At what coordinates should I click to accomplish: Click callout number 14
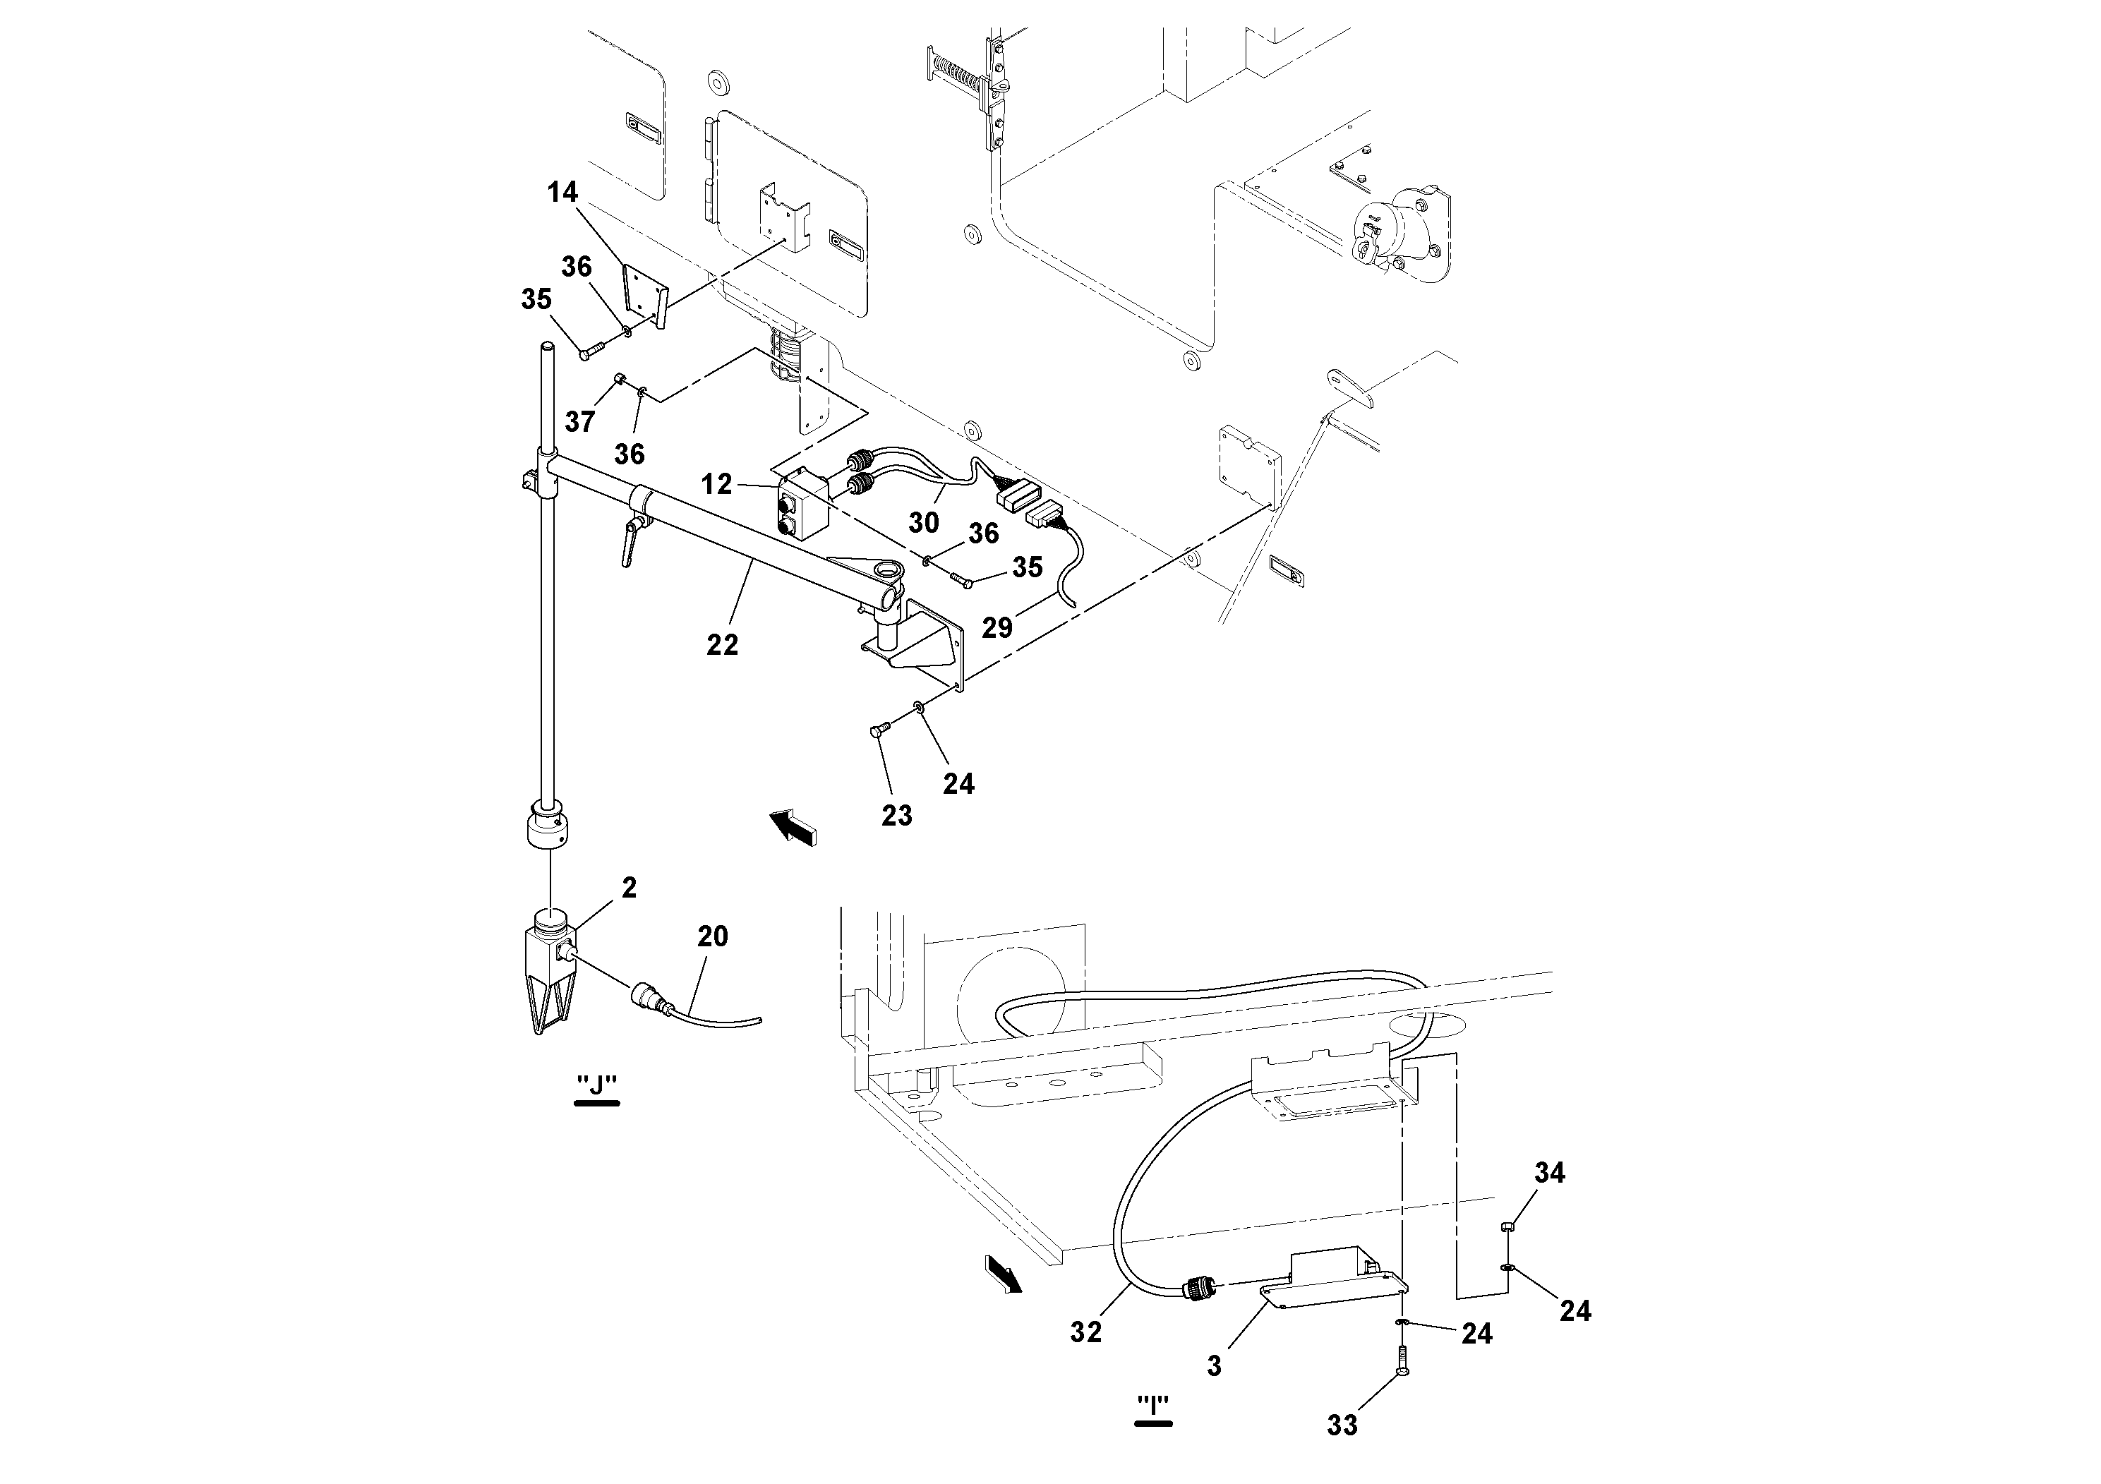click(562, 192)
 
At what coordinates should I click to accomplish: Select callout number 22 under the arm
click(722, 645)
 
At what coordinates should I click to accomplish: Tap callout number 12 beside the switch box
click(716, 484)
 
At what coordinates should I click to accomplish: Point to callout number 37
click(579, 422)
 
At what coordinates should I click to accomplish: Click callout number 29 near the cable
click(997, 627)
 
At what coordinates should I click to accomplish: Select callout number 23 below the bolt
click(897, 815)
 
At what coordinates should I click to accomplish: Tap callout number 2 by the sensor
click(629, 888)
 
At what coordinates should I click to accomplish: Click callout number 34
click(1549, 1172)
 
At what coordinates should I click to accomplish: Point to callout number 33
click(1342, 1425)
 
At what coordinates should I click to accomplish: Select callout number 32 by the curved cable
click(1085, 1332)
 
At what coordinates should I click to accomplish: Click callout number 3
click(1215, 1366)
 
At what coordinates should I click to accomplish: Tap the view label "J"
click(596, 1085)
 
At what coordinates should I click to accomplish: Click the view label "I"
click(1153, 1404)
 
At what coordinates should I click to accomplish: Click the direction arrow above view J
click(793, 826)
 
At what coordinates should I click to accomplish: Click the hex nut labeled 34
click(1509, 1228)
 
